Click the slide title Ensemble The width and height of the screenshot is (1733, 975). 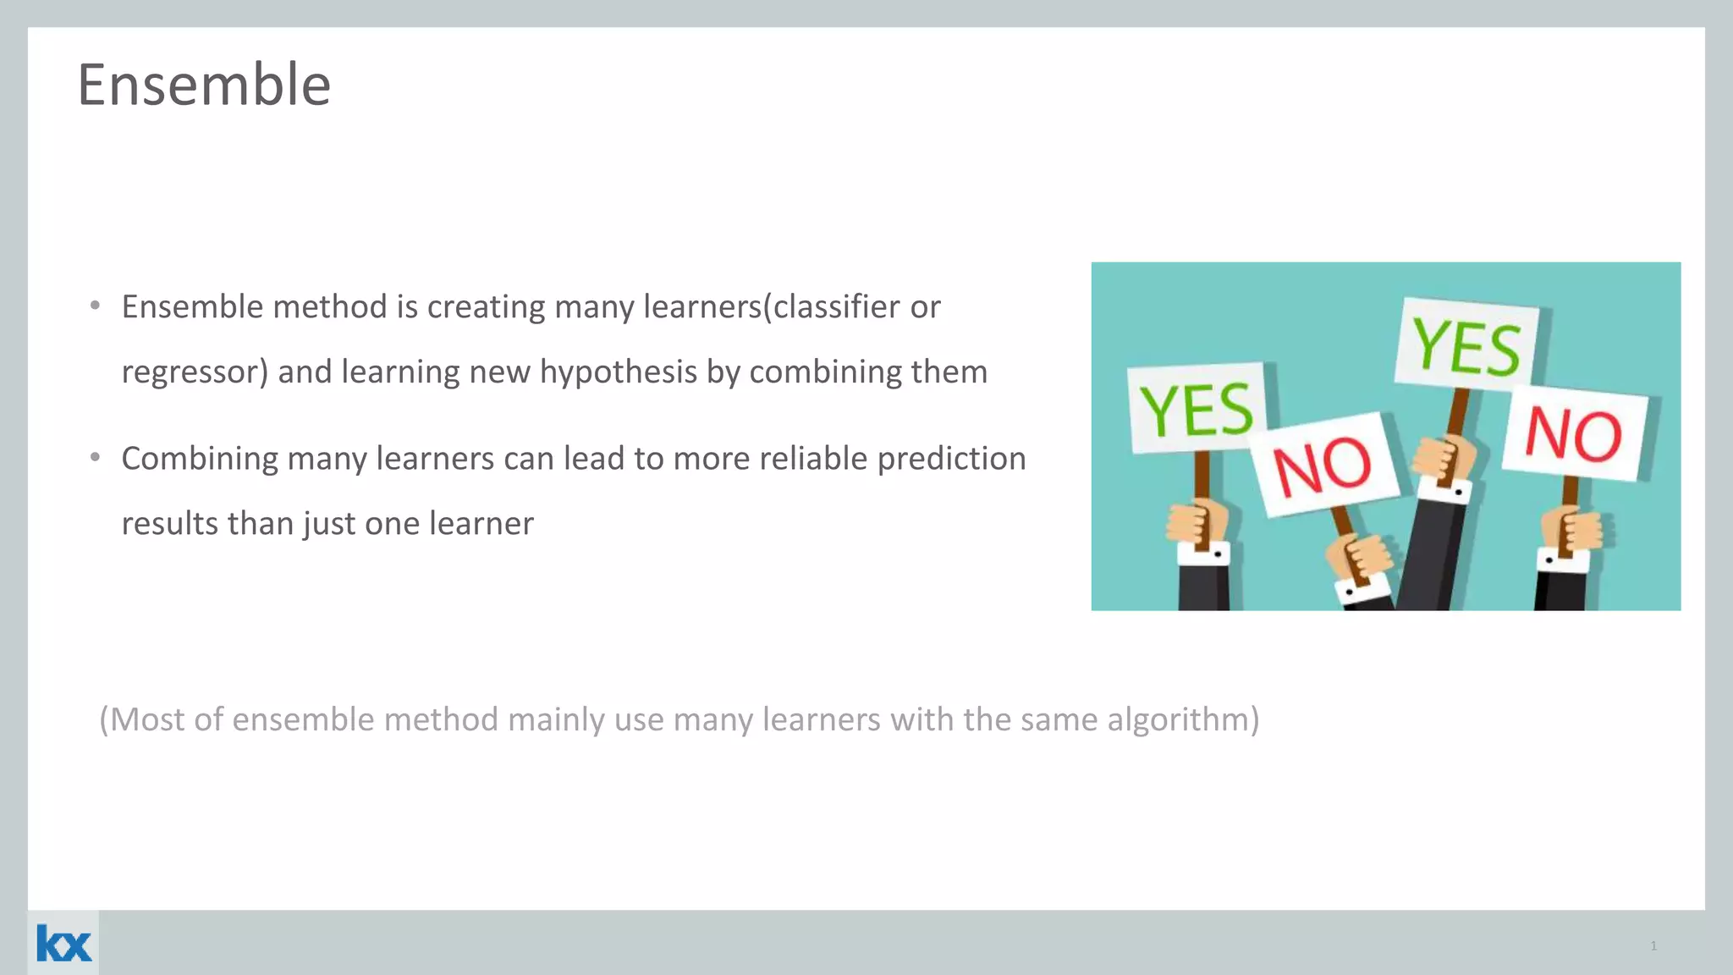click(x=204, y=85)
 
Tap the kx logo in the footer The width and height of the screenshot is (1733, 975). click(x=63, y=944)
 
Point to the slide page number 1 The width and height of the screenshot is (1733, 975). click(x=1653, y=945)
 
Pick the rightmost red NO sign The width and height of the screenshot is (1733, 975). click(x=1574, y=434)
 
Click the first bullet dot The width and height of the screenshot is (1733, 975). click(x=96, y=305)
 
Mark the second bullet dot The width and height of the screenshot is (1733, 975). click(x=96, y=457)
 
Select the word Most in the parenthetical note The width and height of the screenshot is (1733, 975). click(x=147, y=719)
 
